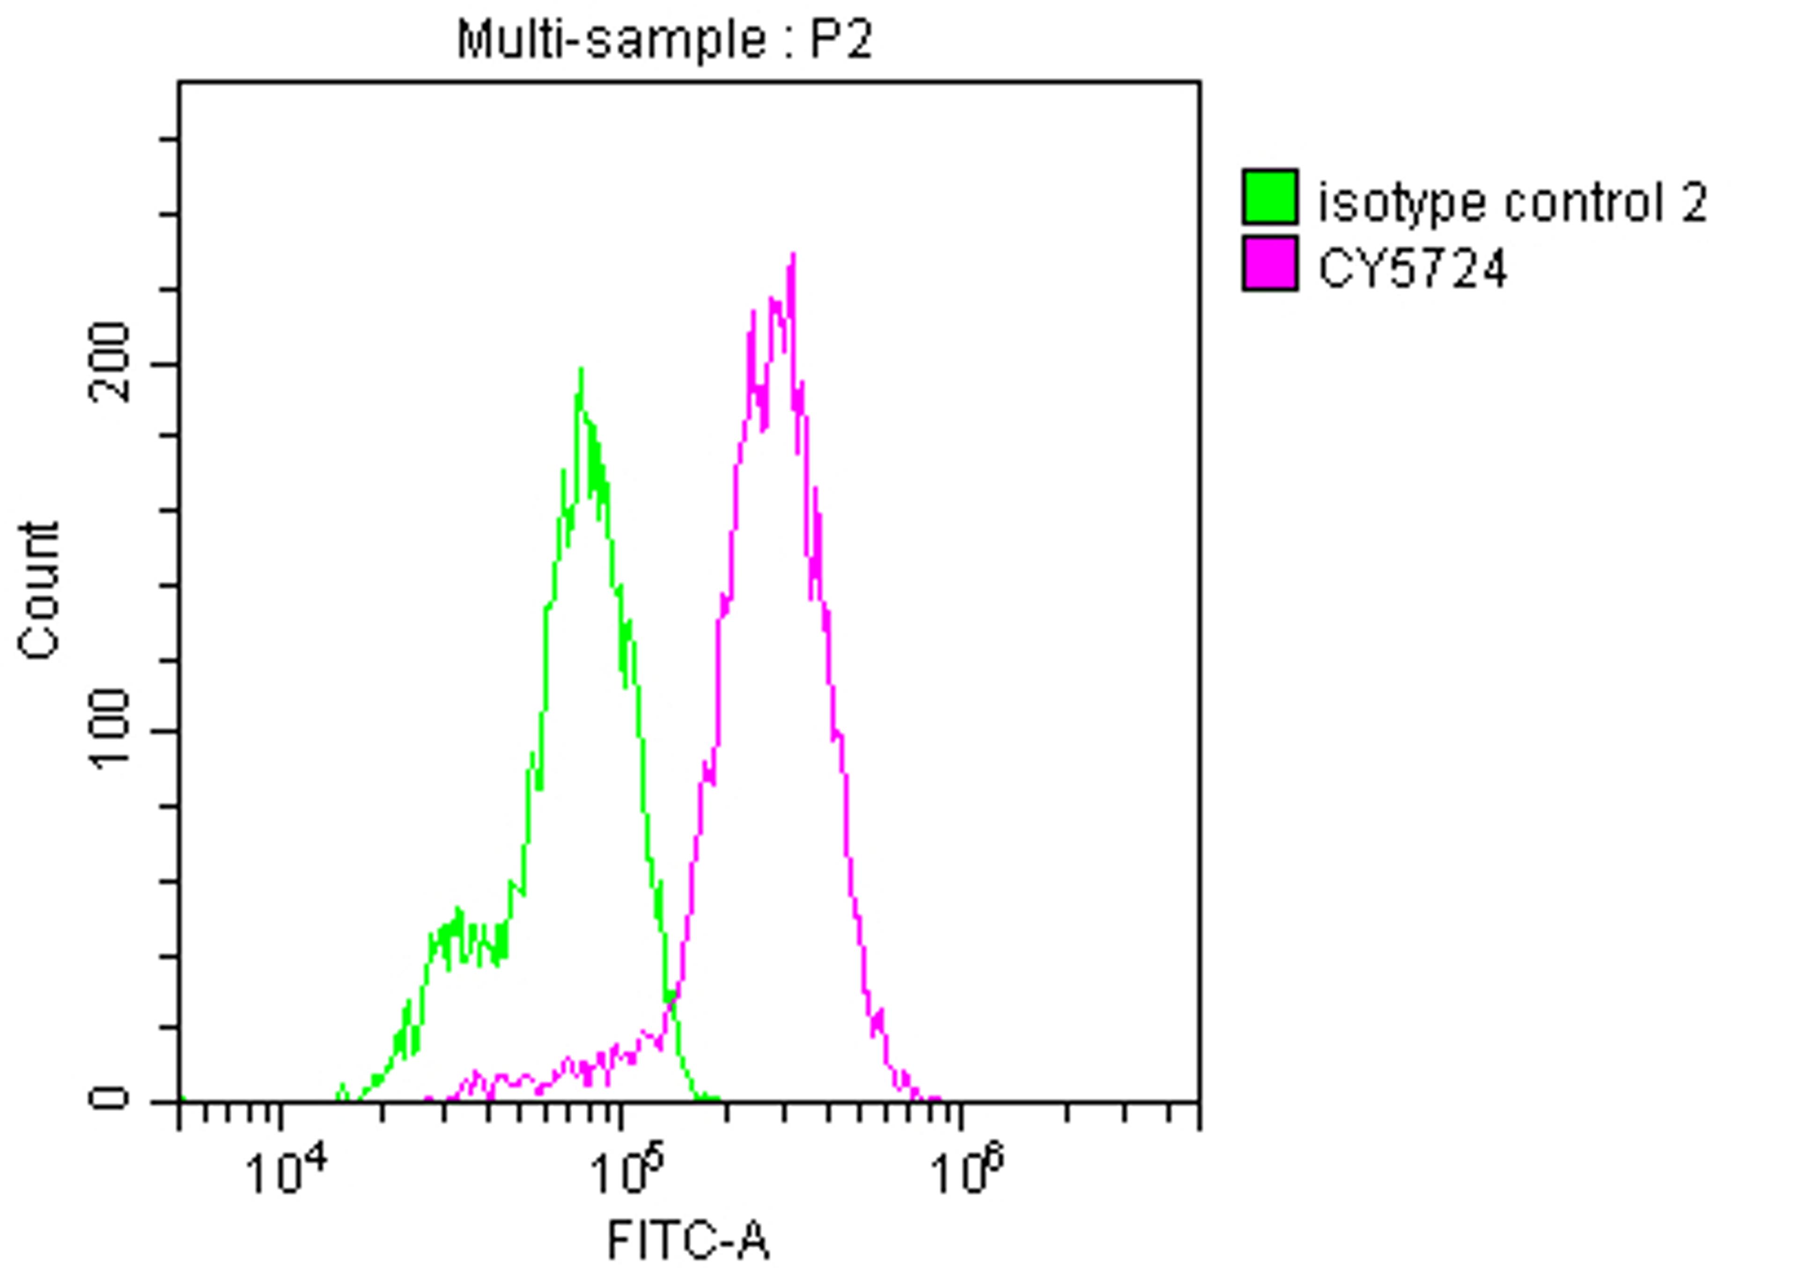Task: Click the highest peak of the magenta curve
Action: point(793,255)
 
